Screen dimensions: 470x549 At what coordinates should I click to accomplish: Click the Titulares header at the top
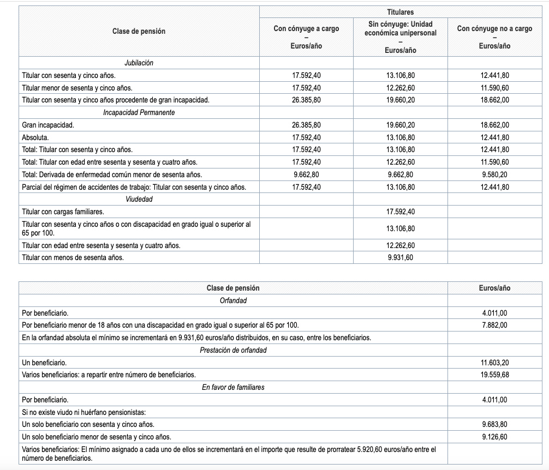(401, 12)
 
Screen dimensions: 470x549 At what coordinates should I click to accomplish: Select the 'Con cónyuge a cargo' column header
(306, 29)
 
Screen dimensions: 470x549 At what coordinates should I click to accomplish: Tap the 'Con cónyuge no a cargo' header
(494, 29)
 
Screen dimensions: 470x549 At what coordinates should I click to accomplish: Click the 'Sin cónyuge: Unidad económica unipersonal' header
(401, 29)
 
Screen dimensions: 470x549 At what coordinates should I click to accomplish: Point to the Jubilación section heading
(139, 63)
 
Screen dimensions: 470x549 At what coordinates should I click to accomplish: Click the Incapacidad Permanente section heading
(139, 112)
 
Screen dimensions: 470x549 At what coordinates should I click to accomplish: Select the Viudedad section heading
(139, 199)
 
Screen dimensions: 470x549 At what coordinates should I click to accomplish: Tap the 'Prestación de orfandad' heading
(233, 350)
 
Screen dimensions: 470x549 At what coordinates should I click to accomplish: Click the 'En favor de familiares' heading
(233, 387)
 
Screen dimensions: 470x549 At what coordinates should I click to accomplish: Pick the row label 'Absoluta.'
(35, 137)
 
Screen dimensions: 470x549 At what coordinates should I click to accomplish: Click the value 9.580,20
(494, 174)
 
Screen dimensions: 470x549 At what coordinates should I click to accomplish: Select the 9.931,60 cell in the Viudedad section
(401, 257)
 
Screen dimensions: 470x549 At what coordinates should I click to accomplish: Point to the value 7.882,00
(494, 325)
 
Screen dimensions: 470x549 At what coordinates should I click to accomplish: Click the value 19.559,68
(494, 375)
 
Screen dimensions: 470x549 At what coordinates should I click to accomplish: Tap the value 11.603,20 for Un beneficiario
(494, 363)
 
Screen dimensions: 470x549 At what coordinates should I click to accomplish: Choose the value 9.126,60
(494, 437)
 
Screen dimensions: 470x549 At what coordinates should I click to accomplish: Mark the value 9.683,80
(494, 424)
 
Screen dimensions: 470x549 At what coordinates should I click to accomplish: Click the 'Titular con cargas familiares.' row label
(63, 212)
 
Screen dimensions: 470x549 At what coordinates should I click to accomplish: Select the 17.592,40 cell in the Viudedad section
(401, 212)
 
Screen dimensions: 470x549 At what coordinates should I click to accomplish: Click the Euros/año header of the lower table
(494, 288)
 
